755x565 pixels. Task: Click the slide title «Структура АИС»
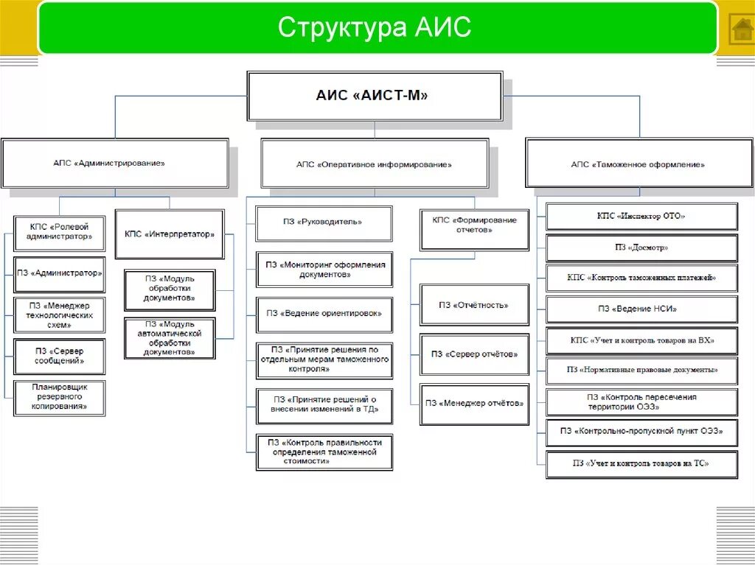click(375, 28)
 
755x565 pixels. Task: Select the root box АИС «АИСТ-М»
click(374, 96)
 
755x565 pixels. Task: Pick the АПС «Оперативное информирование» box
click(374, 164)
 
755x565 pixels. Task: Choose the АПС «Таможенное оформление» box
click(638, 164)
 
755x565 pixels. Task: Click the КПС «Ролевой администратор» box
click(60, 233)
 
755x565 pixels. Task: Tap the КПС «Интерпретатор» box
click(170, 234)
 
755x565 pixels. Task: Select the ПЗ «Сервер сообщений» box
click(60, 357)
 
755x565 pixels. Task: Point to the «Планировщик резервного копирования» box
click(60, 396)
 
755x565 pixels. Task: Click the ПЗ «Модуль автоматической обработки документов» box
click(170, 338)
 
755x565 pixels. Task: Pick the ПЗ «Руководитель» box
click(324, 221)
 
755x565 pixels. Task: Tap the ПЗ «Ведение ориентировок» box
click(324, 313)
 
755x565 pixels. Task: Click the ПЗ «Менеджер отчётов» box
click(474, 403)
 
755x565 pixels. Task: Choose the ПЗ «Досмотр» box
click(641, 248)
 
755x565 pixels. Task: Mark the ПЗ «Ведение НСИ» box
click(641, 309)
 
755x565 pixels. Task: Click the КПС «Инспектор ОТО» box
click(641, 217)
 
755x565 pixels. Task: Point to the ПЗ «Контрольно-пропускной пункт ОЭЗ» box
click(641, 432)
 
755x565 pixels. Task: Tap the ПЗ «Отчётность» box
click(474, 305)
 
